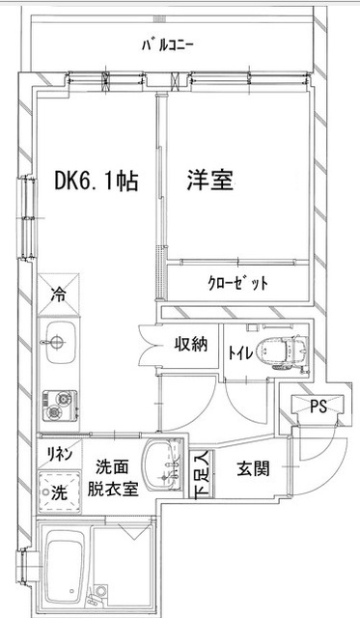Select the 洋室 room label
tap(209, 181)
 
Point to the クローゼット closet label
tap(237, 283)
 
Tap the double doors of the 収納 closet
tap(147, 344)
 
